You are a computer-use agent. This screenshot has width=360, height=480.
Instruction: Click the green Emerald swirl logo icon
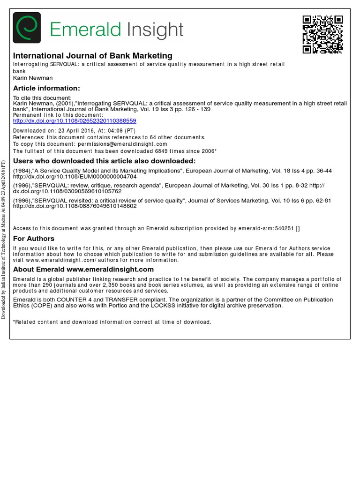click(27, 28)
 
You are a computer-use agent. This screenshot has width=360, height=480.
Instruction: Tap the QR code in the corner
click(322, 34)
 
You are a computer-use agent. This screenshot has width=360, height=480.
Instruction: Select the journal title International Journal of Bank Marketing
click(93, 56)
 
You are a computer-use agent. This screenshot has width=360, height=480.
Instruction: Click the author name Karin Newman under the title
click(33, 78)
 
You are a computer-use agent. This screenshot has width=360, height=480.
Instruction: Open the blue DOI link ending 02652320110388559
click(75, 120)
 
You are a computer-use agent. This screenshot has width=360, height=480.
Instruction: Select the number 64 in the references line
click(153, 137)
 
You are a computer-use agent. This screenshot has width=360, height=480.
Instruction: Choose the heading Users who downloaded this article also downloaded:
click(104, 161)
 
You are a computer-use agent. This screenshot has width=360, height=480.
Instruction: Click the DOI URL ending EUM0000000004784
click(75, 177)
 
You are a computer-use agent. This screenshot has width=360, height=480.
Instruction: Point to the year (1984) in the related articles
click(22, 171)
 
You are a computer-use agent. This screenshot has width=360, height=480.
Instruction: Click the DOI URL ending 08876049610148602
click(75, 206)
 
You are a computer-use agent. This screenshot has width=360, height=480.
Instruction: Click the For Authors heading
click(34, 239)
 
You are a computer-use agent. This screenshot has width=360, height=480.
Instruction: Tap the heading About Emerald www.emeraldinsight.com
click(83, 269)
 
